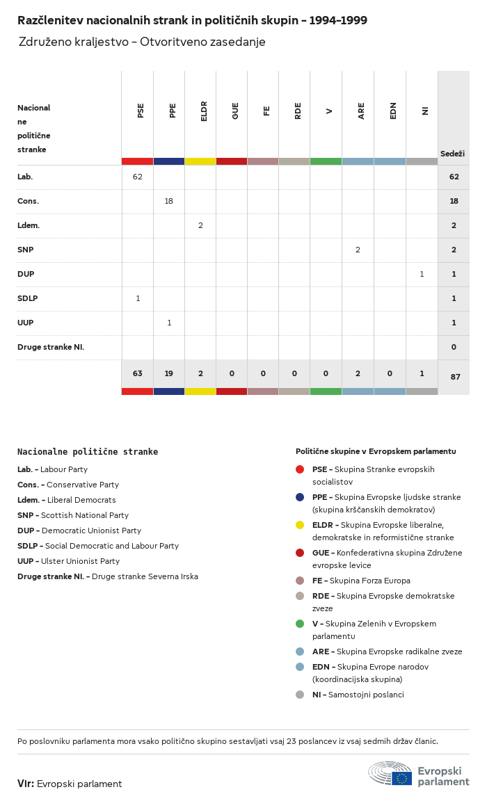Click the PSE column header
pos(141,111)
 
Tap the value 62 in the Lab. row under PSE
pos(138,177)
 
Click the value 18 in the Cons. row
pos(169,201)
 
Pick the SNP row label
pos(25,250)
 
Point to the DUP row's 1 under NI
pos(422,274)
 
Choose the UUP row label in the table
pos(25,323)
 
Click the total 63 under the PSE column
pos(138,373)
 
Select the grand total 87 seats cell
pos(455,377)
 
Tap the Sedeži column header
pos(452,154)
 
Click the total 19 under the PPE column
pos(169,373)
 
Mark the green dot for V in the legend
pos(300,624)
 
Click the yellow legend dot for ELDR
pos(300,525)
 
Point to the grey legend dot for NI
pos(300,695)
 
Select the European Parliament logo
pos(419,773)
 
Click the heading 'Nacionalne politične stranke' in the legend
pos(88,452)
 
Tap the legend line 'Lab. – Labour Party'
pos(53,469)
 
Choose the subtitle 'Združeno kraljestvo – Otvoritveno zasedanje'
pos(142,42)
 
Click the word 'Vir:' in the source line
pos(26,784)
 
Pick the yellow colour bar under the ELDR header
pos(200,161)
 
